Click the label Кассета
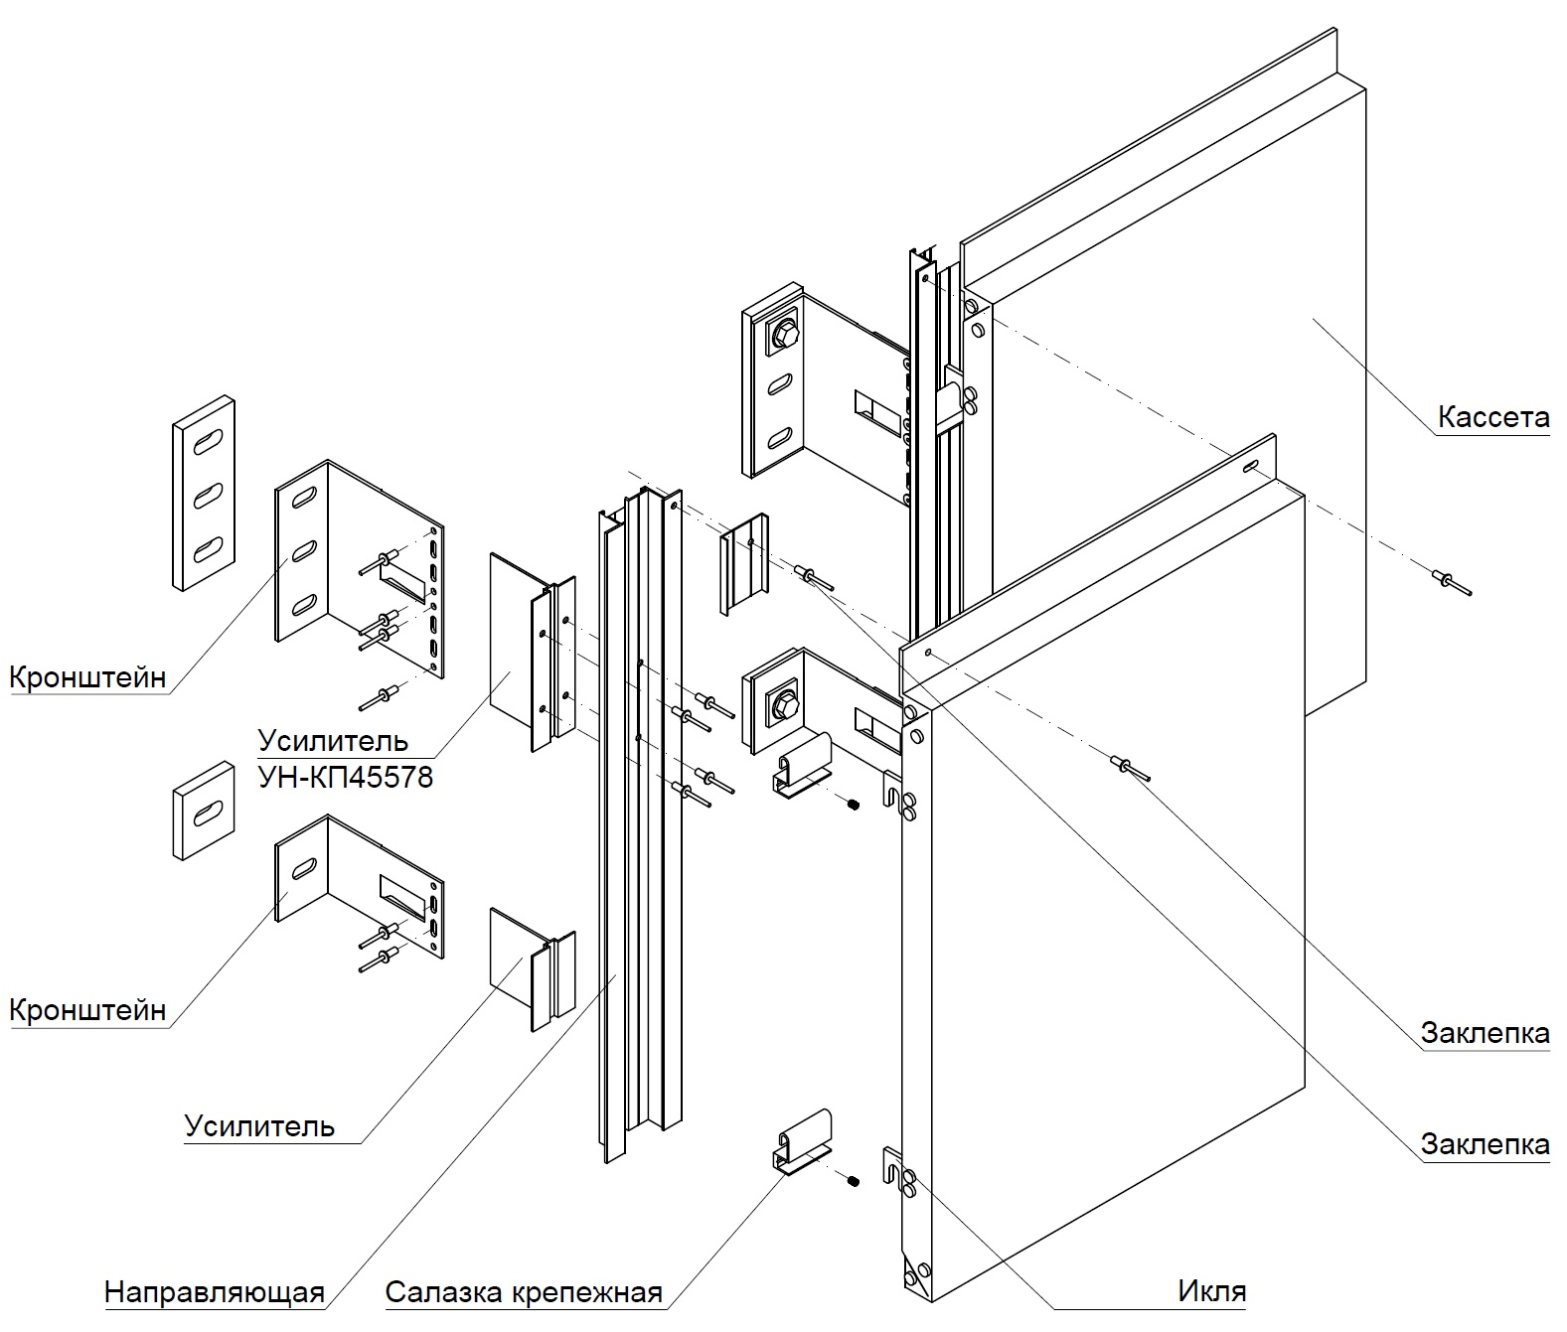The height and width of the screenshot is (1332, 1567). point(1492,417)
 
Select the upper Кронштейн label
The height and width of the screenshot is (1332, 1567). point(87,677)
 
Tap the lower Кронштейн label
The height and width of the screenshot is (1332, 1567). point(87,1010)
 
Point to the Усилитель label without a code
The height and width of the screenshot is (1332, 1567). point(259,1126)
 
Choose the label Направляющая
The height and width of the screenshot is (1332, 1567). point(215,1292)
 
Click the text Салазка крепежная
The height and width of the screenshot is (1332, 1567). point(524,1292)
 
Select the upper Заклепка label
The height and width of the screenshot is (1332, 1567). point(1485,1033)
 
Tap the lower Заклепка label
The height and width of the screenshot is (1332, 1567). point(1485,1144)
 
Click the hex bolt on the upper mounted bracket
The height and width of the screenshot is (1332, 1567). point(782,337)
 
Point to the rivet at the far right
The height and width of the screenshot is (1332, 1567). point(1450,582)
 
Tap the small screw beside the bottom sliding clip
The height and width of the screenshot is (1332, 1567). point(852,1180)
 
